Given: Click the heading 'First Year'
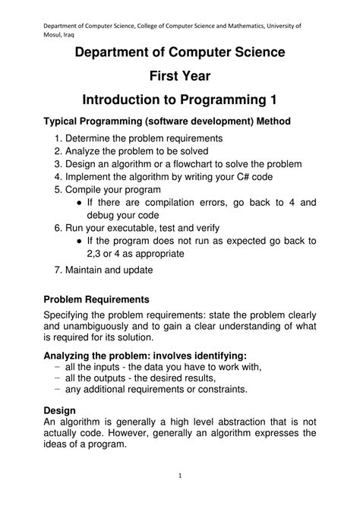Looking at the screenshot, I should click(179, 76).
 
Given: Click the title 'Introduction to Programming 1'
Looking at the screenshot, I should click(179, 101).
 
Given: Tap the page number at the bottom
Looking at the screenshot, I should click(180, 476).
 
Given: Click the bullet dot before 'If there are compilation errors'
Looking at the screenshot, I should click(80, 203).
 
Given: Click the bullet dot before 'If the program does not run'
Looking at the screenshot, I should click(80, 241).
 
